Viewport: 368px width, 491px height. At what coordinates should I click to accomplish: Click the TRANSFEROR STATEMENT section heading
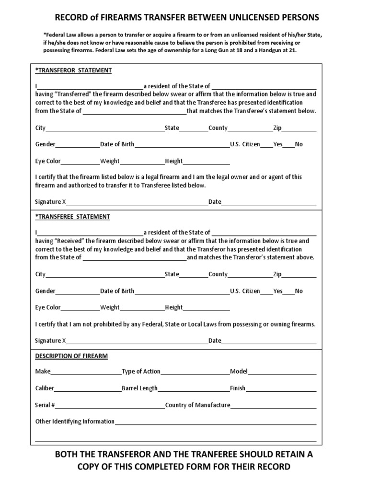click(x=73, y=70)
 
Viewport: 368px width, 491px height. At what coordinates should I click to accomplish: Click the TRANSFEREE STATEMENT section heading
click(x=73, y=217)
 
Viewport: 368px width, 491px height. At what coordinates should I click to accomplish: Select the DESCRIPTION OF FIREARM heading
click(x=71, y=356)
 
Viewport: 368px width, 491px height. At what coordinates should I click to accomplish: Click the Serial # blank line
click(x=110, y=406)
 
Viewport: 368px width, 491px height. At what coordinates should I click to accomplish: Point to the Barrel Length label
click(x=139, y=388)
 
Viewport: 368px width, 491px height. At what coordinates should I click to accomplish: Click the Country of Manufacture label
click(x=197, y=405)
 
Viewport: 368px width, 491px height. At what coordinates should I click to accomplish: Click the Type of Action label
click(x=141, y=372)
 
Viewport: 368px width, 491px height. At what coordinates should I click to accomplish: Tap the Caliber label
click(x=45, y=388)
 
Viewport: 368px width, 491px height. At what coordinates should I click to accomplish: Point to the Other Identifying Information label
click(x=75, y=421)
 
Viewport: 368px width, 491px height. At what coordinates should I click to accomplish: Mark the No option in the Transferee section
click(x=299, y=291)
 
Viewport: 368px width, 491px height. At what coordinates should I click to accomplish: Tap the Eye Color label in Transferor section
click(x=48, y=161)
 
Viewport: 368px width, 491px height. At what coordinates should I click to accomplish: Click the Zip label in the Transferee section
click(x=277, y=274)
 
